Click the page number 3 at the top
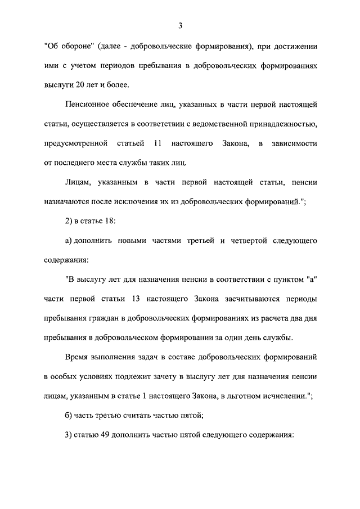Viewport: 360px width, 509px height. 180,25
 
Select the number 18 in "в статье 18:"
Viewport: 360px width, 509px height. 108,222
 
